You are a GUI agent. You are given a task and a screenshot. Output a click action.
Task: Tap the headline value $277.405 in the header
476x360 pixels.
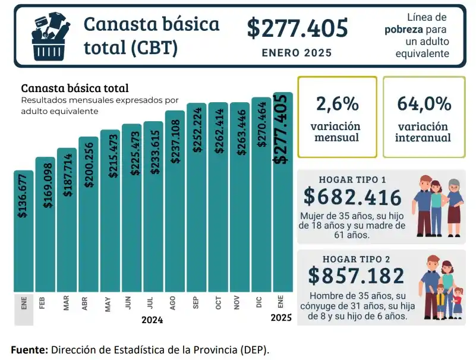click(x=297, y=29)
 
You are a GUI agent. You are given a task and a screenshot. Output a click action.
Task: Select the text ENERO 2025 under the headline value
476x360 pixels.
click(x=297, y=53)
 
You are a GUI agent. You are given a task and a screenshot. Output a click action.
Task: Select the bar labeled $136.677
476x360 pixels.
click(x=24, y=232)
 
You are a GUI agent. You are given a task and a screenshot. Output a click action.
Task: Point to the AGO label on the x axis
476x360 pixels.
click(x=172, y=304)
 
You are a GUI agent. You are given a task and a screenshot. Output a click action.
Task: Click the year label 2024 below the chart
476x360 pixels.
click(x=152, y=320)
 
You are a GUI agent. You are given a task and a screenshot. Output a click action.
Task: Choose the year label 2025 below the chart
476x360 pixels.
click(x=280, y=318)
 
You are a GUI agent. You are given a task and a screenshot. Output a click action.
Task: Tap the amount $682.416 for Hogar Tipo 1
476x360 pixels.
click(x=352, y=197)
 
